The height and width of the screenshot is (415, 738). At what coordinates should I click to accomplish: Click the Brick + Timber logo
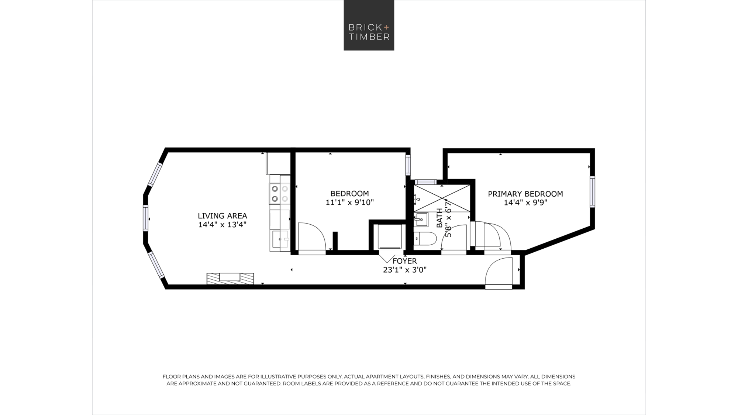[369, 25]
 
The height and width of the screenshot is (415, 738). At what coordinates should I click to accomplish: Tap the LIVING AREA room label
[222, 216]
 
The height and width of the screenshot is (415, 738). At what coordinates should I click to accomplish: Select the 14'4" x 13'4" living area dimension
[222, 225]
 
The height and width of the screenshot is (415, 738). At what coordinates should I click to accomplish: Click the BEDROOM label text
[349, 194]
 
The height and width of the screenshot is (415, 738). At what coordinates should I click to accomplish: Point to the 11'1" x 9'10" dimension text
[349, 203]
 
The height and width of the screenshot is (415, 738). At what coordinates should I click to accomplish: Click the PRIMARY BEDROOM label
[525, 194]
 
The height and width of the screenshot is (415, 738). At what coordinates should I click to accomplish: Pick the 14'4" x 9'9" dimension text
[525, 203]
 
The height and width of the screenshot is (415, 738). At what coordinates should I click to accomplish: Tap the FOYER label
[404, 261]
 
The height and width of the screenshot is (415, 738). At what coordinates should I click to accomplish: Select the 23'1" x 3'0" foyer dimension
[405, 270]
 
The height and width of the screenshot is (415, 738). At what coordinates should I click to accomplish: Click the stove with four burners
[280, 194]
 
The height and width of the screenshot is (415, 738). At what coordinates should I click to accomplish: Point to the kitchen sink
[280, 239]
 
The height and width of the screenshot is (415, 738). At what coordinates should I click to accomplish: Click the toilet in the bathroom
[424, 239]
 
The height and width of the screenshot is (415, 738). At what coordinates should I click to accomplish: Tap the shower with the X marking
[442, 198]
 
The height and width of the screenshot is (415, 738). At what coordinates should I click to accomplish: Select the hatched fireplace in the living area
[230, 279]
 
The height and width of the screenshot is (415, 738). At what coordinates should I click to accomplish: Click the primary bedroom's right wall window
[592, 191]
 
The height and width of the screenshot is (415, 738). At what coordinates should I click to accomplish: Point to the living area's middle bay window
[145, 218]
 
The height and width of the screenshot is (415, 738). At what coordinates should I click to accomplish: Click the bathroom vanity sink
[421, 219]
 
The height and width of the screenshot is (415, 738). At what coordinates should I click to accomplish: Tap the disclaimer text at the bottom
[369, 380]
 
